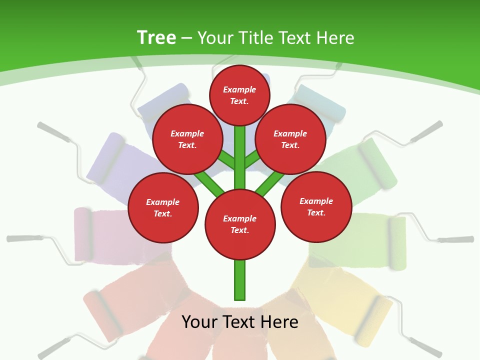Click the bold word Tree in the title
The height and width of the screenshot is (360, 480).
156,37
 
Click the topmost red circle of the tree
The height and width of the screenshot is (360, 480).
239,95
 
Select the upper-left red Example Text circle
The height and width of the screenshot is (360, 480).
187,139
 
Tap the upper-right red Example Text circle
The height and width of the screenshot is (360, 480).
290,139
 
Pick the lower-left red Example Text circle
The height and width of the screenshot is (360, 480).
163,207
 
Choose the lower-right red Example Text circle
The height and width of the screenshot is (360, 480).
316,206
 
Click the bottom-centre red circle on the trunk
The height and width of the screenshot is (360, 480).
240,224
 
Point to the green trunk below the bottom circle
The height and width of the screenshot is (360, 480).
240,280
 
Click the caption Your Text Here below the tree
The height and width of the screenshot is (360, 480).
240,321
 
